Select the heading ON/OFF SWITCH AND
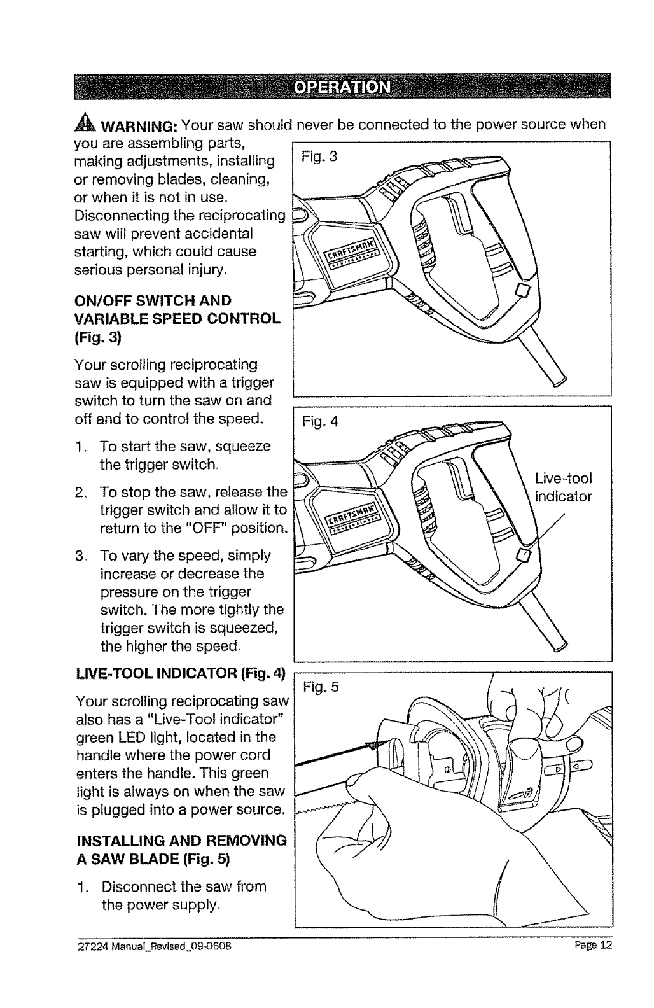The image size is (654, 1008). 153,300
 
